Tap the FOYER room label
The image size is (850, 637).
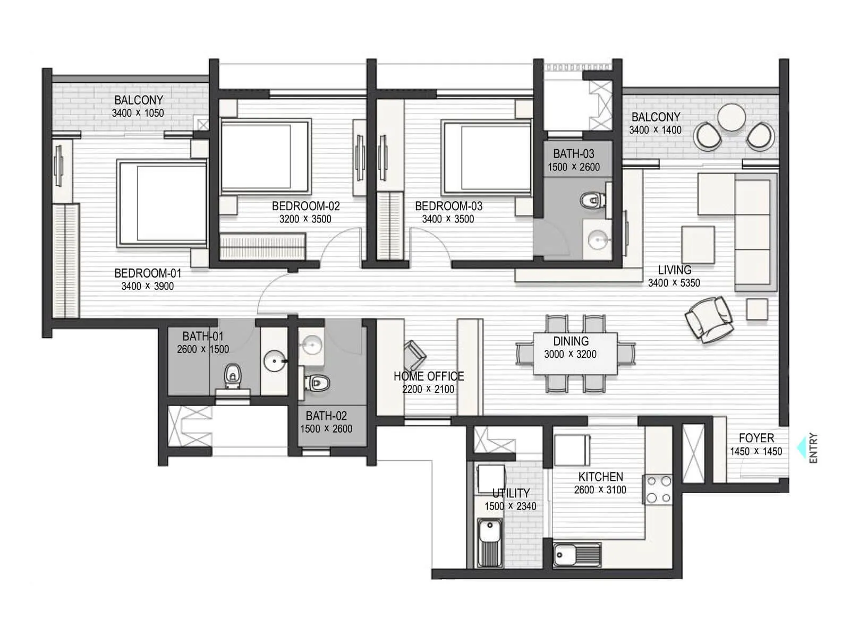pos(756,438)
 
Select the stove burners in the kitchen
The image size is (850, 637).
pos(659,489)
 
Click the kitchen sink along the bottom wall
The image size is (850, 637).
pos(577,555)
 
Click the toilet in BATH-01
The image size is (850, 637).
pos(232,376)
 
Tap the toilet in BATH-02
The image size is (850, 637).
pos(317,383)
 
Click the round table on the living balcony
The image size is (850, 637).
pos(731,117)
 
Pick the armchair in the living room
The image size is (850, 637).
pos(709,319)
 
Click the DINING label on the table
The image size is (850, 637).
pos(571,341)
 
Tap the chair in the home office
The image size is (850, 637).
pos(415,355)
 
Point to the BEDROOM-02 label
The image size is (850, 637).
pos(306,206)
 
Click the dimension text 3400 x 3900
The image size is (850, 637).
pos(148,286)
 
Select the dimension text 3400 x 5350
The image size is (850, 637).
pos(674,283)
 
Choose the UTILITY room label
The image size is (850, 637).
pos(511,493)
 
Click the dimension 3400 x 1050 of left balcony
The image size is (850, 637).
pos(138,113)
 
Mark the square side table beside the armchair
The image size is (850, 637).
pos(757,309)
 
